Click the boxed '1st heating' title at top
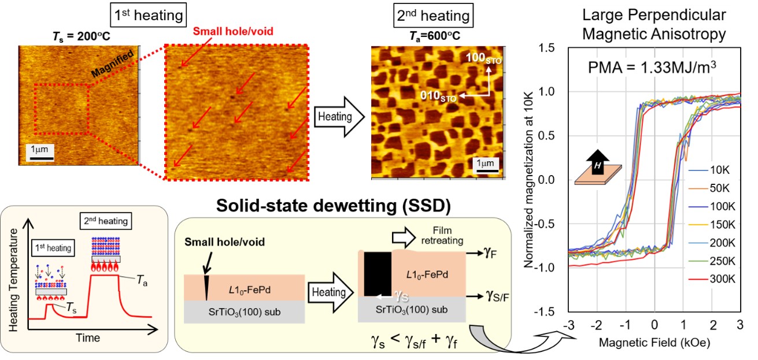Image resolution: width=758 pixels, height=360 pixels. point(149,15)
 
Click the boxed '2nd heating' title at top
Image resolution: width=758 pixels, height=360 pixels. point(433,16)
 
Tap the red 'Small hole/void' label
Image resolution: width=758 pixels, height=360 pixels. point(233,31)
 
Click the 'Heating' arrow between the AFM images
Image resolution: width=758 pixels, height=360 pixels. point(339,117)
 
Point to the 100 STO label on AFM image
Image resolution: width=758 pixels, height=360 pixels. point(483,58)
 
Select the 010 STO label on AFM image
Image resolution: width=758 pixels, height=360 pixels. point(438,97)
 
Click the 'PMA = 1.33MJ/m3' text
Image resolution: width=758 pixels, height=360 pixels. point(652,68)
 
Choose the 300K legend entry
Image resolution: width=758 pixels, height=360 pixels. point(712,279)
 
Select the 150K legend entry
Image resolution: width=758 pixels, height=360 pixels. point(712,225)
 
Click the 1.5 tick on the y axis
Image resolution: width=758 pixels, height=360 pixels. point(546,48)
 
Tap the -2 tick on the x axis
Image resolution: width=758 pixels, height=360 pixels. point(596,325)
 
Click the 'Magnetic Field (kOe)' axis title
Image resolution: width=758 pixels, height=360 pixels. point(655,343)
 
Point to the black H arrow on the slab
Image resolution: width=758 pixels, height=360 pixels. point(598,162)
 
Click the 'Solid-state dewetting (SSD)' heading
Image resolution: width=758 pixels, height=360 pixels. point(333,205)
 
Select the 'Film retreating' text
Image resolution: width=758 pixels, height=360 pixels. point(442,236)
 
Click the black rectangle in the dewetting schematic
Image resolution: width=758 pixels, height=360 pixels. point(378,274)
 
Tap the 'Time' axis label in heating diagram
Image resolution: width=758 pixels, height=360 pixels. point(88,337)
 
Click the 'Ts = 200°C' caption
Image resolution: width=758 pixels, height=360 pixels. point(82,36)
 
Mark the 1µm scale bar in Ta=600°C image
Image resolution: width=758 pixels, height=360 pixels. point(485,171)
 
